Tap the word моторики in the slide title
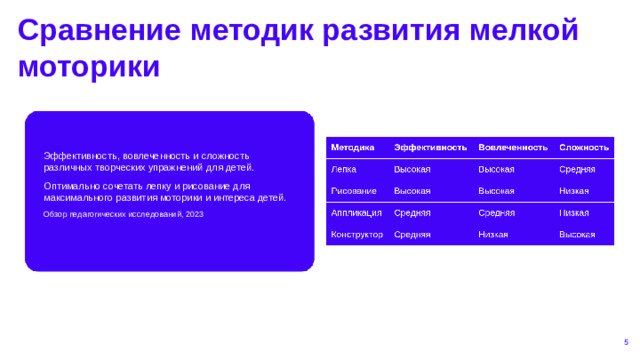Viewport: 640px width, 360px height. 89,66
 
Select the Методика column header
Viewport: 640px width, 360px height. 352,147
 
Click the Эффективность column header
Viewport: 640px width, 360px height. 430,147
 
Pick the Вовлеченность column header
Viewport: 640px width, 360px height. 513,147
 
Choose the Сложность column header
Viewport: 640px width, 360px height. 584,147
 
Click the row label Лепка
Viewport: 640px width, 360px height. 343,170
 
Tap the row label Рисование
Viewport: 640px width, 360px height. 353,190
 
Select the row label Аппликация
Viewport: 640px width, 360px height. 356,213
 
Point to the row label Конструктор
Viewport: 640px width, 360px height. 356,234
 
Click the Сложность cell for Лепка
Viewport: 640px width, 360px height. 577,170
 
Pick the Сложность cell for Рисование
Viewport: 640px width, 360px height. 574,190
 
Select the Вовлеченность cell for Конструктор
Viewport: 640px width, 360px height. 493,234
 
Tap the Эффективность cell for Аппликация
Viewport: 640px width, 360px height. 412,213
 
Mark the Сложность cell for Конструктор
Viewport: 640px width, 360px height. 577,234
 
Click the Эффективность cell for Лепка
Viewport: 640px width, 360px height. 412,170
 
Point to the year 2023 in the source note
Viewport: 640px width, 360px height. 194,215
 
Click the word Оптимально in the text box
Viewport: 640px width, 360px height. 69,186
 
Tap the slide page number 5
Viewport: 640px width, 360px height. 625,342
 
